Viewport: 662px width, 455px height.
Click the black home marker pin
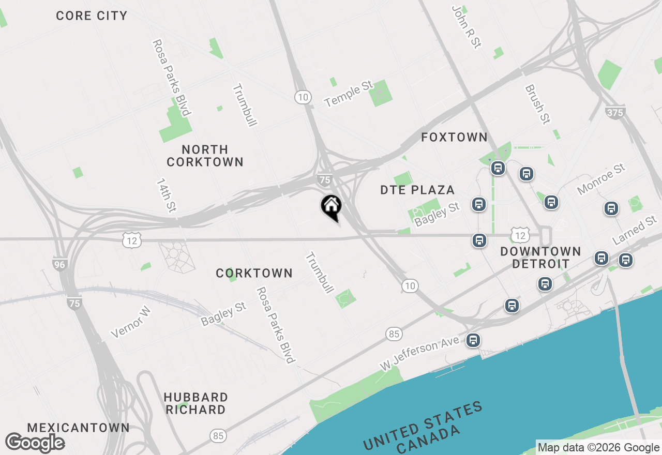(331, 207)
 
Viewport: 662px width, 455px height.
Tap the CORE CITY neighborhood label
(92, 16)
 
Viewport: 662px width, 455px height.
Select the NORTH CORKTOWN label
(205, 156)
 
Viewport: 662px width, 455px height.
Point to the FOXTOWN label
(454, 137)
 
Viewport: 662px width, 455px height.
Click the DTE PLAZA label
(417, 190)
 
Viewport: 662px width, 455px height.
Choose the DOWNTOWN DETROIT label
(540, 257)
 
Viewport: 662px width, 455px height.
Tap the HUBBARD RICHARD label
(195, 403)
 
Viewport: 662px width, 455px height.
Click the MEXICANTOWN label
(78, 428)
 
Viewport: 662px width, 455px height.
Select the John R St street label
(466, 27)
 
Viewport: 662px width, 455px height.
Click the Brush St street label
(537, 104)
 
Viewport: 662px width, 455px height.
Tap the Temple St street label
(349, 94)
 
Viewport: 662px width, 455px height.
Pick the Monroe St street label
(601, 179)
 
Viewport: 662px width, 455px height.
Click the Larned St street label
(635, 231)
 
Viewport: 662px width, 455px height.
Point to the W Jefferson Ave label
(419, 353)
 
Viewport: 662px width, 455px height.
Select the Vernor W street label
(131, 322)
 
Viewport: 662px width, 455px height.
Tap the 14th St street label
(166, 195)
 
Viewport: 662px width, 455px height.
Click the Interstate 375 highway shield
(615, 112)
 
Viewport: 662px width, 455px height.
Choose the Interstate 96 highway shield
(60, 264)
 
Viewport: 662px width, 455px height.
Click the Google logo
(35, 443)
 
